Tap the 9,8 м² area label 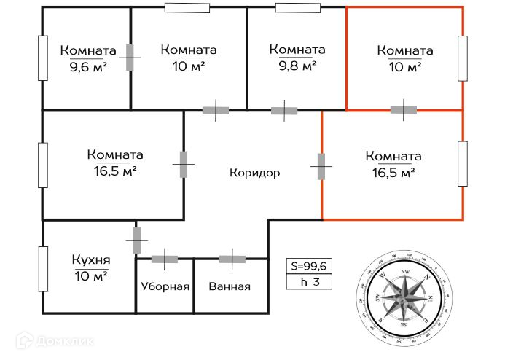pyautogui.click(x=297, y=66)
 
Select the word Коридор pyautogui.click(x=254, y=173)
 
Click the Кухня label pyautogui.click(x=91, y=260)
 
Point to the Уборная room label pyautogui.click(x=165, y=286)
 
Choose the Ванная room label pyautogui.click(x=230, y=286)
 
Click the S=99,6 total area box pyautogui.click(x=310, y=266)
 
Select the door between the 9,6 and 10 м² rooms pyautogui.click(x=130, y=58)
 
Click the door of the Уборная pyautogui.click(x=165, y=258)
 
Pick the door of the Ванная pyautogui.click(x=232, y=258)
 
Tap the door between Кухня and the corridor pyautogui.click(x=136, y=240)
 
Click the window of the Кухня pyautogui.click(x=43, y=270)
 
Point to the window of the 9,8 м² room pyautogui.click(x=297, y=8)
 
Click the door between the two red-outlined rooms pyautogui.click(x=403, y=110)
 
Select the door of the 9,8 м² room pyautogui.click(x=284, y=111)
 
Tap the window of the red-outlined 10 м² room pyautogui.click(x=462, y=58)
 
